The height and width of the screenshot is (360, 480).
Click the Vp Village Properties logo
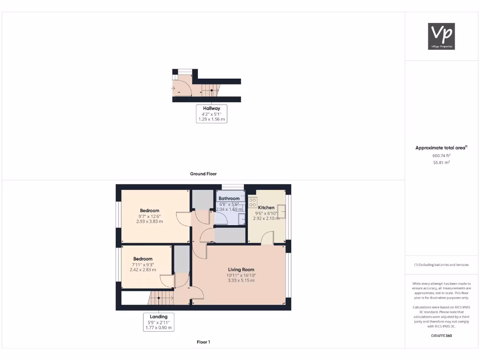click(442, 36)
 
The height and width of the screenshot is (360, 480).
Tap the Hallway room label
click(211, 108)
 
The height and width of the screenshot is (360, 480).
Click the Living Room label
click(241, 270)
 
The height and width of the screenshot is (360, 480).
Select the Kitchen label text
click(266, 208)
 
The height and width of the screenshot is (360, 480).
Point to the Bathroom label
click(229, 199)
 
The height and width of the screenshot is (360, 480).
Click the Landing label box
click(158, 322)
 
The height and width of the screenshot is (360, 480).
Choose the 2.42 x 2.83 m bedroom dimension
click(142, 270)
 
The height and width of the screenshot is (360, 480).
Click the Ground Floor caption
click(203, 174)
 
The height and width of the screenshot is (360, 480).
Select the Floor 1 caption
click(203, 342)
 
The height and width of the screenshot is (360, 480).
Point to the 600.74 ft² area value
click(441, 156)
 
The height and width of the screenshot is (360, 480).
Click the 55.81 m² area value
click(441, 162)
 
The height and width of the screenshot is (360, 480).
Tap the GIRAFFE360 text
click(441, 336)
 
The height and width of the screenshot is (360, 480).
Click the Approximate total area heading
click(441, 148)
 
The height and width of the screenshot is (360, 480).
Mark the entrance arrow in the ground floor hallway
click(174, 88)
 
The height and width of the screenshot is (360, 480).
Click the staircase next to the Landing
click(159, 297)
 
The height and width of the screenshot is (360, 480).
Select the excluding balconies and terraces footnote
click(441, 265)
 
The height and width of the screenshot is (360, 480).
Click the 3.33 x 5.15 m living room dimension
click(241, 281)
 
